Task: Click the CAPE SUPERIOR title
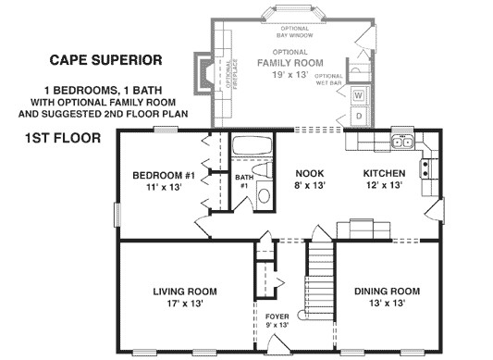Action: (x=105, y=60)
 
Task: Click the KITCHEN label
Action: (x=383, y=173)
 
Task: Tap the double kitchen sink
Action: (x=402, y=143)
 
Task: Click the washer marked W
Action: (x=358, y=95)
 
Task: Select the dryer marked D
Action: (x=358, y=117)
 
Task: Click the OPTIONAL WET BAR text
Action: (x=330, y=81)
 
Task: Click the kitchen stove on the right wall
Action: (x=427, y=168)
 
